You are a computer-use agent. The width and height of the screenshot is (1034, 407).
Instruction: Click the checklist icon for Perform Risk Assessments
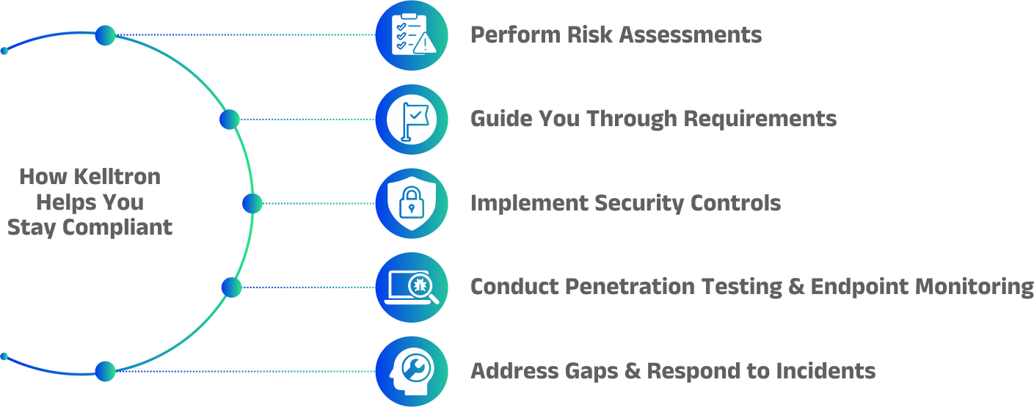[411, 35]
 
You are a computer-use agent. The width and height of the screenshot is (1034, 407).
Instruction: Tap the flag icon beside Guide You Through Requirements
[411, 119]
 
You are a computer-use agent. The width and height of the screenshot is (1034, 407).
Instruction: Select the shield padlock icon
[411, 203]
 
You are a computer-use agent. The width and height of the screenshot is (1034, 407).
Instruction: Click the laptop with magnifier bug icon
[411, 287]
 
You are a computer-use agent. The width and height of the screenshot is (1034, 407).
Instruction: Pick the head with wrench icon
[411, 371]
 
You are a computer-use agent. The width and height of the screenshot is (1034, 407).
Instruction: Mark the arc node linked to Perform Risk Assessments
[105, 35]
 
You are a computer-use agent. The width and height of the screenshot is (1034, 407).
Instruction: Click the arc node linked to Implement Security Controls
[252, 203]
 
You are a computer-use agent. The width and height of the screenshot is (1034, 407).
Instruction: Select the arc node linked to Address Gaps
[105, 371]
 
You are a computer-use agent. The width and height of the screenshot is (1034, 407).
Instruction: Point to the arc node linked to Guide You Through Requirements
[230, 119]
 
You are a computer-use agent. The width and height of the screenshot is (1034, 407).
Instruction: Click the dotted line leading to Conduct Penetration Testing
[308, 287]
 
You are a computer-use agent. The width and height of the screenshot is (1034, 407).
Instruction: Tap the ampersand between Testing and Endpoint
[796, 287]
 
